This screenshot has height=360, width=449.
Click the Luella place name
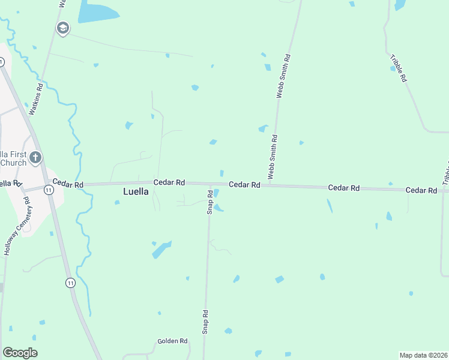(x=136, y=192)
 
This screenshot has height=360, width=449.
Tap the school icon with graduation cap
(x=62, y=28)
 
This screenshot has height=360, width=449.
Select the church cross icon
(x=35, y=158)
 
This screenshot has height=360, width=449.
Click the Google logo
(x=20, y=353)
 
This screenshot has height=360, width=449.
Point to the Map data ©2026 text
(x=423, y=355)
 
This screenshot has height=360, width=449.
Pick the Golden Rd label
(x=173, y=341)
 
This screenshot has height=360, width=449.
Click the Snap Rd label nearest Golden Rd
(x=205, y=322)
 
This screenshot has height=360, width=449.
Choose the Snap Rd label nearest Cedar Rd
(x=210, y=202)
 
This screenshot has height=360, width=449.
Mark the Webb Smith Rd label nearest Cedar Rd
(x=273, y=156)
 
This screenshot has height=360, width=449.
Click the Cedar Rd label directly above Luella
(x=169, y=182)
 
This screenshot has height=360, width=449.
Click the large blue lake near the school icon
(x=97, y=12)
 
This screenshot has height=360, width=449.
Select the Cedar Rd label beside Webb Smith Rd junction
(x=244, y=185)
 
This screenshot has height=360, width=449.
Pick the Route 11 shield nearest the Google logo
(x=71, y=283)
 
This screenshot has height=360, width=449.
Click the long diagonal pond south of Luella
(x=162, y=249)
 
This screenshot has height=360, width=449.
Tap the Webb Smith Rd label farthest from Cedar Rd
(x=283, y=76)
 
